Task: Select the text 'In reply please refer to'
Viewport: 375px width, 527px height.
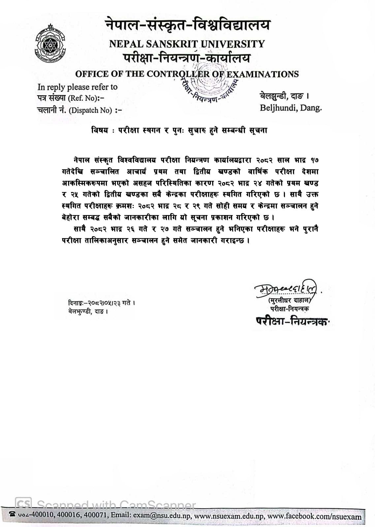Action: click(x=78, y=87)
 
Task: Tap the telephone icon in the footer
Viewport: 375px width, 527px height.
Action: click(x=13, y=514)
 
